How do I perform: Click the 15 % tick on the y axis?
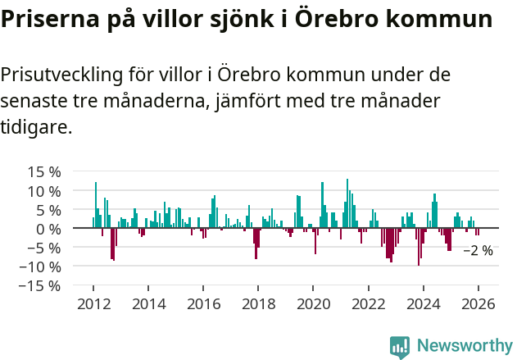pos(44,172)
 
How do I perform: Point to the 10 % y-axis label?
pos(44,191)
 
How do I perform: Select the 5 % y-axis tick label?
pos(48,210)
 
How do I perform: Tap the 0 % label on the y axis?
pos(48,229)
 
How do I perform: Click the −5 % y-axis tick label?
pos(44,248)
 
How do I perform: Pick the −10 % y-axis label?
pos(40,267)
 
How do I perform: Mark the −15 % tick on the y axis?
pos(40,285)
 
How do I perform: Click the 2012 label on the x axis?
pos(93,304)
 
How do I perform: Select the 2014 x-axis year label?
pos(147,304)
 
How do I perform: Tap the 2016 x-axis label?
pos(202,304)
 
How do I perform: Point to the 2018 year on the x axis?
pos(258,304)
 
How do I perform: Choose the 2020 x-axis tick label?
pos(313,304)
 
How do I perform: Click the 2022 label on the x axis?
pos(368,304)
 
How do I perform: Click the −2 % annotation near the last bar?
pos(478,251)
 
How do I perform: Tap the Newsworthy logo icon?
pos(400,347)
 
